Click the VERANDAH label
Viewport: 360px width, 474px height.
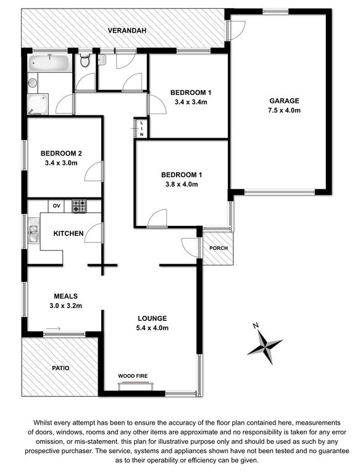pyautogui.click(x=127, y=30)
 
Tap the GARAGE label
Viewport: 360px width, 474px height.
pyautogui.click(x=284, y=101)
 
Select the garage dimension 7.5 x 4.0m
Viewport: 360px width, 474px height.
pyautogui.click(x=284, y=110)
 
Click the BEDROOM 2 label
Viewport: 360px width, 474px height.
pyautogui.click(x=61, y=153)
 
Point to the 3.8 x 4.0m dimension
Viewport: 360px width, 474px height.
pyautogui.click(x=182, y=184)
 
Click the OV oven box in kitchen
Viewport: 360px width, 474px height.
pyautogui.click(x=56, y=206)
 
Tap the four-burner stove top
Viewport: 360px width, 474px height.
pyautogui.click(x=79, y=206)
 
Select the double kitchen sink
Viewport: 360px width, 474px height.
pyautogui.click(x=33, y=230)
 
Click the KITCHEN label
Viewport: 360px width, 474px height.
pyautogui.click(x=69, y=233)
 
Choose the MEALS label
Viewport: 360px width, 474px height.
pyautogui.click(x=65, y=296)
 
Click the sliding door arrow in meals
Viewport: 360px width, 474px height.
pyautogui.click(x=53, y=328)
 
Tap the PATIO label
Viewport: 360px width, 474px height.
pyautogui.click(x=61, y=368)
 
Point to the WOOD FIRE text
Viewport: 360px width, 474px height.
pyautogui.click(x=133, y=376)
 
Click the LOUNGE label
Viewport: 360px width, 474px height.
pyautogui.click(x=152, y=318)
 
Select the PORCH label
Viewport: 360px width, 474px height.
pyautogui.click(x=219, y=248)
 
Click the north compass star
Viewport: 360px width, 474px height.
pyautogui.click(x=266, y=346)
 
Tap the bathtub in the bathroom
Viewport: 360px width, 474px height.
pyautogui.click(x=49, y=63)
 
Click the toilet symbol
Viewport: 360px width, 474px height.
pyautogui.click(x=85, y=60)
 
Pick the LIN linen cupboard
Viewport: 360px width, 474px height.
pyautogui.click(x=141, y=128)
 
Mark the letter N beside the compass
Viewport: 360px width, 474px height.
pyautogui.click(x=256, y=326)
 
